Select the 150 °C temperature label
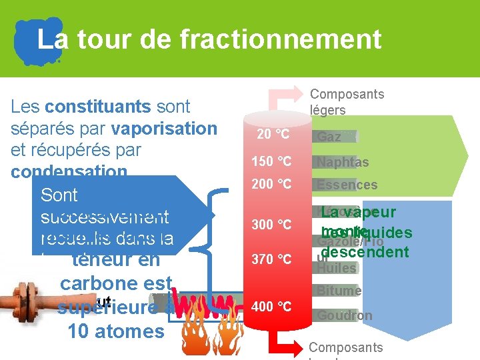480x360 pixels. [271, 161]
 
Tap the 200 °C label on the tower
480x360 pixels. [271, 184]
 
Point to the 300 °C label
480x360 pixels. [271, 225]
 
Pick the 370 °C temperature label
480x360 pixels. [271, 259]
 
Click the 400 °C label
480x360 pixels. [271, 307]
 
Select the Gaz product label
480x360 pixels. [329, 137]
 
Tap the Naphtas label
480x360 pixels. [343, 162]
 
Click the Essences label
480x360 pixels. [347, 185]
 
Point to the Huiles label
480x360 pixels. [337, 268]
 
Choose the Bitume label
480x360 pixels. [339, 291]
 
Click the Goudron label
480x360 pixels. [344, 315]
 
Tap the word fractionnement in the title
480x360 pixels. [280, 39]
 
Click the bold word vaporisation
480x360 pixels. [165, 128]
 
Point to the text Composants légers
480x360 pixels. [347, 102]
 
